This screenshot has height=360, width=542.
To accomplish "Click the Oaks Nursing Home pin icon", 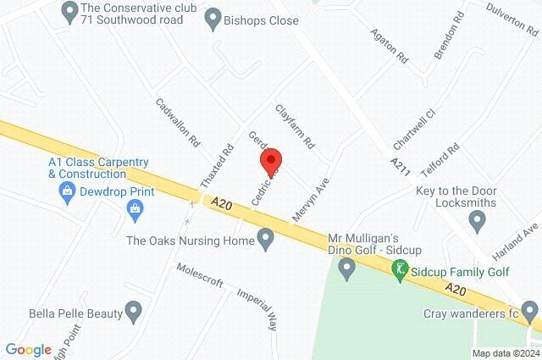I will pos(265,241).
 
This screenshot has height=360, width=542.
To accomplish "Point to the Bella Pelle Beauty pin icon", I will pos(133,312).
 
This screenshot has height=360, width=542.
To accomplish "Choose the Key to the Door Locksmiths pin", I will pos(477,222).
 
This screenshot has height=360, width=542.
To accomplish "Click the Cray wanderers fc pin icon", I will pos(529,313).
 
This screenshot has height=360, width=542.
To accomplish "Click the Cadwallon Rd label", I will pos(178,122).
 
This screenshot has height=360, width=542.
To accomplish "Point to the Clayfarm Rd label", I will pos(294,124).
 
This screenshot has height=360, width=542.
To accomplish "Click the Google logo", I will pos(28,349).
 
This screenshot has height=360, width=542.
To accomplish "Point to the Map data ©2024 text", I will pos(505,353).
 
